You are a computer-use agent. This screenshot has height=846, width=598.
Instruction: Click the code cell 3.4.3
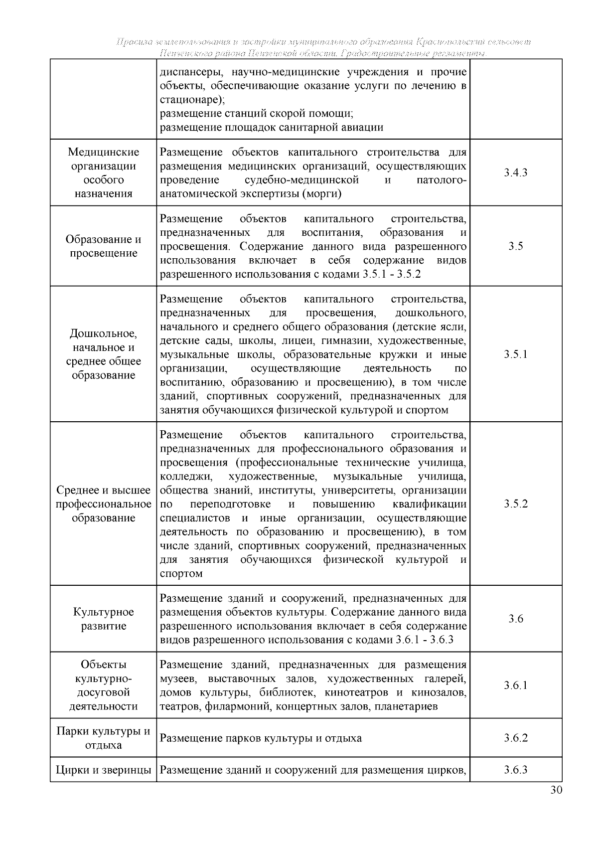[515, 173]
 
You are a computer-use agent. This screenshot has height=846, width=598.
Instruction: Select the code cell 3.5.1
[515, 354]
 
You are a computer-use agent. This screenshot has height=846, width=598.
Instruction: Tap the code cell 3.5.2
[515, 504]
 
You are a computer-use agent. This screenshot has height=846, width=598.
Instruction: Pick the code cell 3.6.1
[515, 685]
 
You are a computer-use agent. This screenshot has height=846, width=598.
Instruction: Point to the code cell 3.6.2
[515, 738]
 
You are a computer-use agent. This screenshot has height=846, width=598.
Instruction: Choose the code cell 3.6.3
[515, 770]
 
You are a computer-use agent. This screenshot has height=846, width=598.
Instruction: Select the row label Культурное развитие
[104, 619]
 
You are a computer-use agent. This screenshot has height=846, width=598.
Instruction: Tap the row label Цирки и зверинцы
[104, 770]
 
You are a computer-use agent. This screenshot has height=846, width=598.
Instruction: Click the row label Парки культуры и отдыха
[104, 738]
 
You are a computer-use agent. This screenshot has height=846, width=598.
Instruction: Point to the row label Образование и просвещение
[104, 246]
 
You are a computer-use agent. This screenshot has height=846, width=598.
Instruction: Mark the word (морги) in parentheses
[321, 194]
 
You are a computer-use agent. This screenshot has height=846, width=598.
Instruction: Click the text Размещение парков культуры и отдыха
[261, 738]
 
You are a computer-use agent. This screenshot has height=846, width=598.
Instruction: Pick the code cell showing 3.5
[515, 246]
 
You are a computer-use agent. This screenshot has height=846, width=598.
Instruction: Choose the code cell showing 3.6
[515, 619]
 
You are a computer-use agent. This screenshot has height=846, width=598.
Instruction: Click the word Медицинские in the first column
[104, 152]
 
